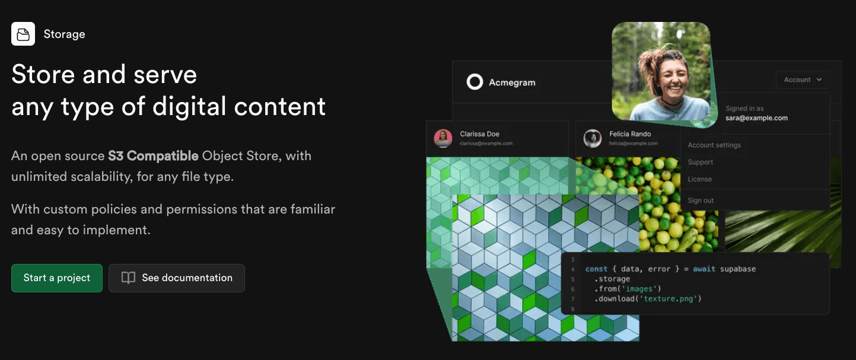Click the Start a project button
click(57, 278)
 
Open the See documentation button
click(177, 278)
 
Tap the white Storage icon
click(23, 34)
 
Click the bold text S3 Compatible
click(153, 156)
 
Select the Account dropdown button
click(803, 79)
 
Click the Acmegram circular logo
click(475, 82)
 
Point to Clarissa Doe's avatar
click(443, 138)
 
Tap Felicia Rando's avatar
click(593, 138)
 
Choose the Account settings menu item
click(714, 145)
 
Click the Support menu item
click(701, 162)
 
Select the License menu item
click(700, 179)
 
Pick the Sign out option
click(701, 200)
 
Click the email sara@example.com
click(757, 118)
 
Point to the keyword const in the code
click(596, 269)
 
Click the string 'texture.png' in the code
click(669, 299)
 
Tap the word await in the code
click(704, 269)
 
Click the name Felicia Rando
click(630, 134)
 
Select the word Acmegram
click(512, 82)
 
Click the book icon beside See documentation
click(128, 278)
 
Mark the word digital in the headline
click(189, 106)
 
